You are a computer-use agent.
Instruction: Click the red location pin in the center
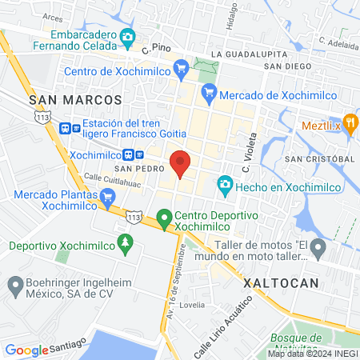(180, 162)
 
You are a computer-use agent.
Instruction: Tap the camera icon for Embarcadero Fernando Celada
(126, 37)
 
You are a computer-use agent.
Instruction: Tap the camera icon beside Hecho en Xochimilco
(225, 186)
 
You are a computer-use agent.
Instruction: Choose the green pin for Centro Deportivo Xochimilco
(164, 217)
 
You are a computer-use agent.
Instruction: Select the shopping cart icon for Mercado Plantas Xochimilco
(107, 196)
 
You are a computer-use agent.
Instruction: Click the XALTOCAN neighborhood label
(282, 282)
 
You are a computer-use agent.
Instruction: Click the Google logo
(26, 350)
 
